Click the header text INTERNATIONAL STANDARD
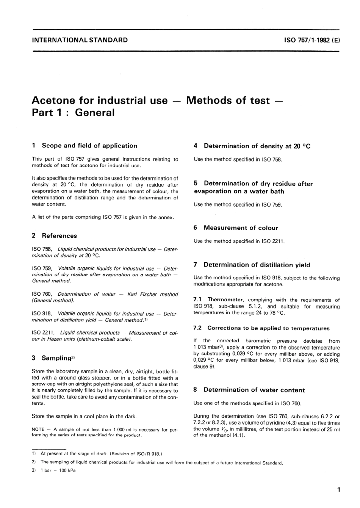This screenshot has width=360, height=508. [x=80, y=40]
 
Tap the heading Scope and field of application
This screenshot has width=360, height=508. [x=89, y=146]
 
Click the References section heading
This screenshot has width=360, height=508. [x=59, y=235]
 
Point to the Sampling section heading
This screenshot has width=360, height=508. [x=56, y=358]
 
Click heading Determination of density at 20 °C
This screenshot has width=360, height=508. [x=257, y=146]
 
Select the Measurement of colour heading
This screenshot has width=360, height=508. [x=241, y=228]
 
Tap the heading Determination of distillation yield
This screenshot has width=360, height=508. [x=257, y=265]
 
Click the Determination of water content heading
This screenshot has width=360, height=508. [x=254, y=390]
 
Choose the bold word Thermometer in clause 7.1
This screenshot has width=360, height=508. [x=225, y=300]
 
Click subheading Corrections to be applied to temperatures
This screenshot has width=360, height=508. [x=268, y=328]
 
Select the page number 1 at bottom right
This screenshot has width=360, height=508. [x=338, y=490]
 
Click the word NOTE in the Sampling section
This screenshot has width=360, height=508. [x=38, y=430]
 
